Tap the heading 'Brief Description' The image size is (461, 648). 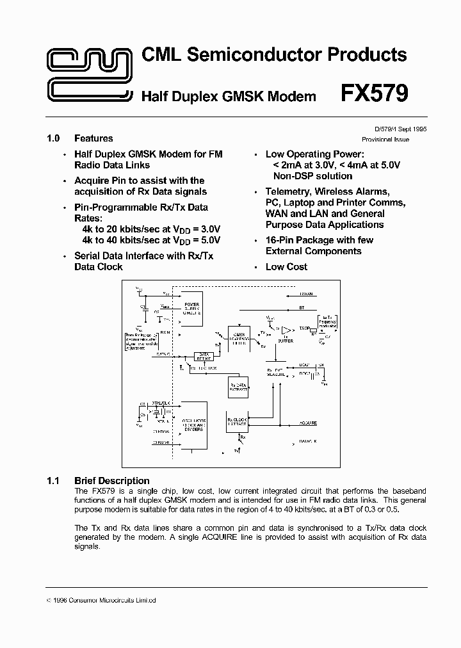point(111,481)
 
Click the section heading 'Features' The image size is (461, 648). point(93,138)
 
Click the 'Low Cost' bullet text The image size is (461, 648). point(286,267)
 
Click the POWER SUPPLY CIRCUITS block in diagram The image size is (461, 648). point(191,309)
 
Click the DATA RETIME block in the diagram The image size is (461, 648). point(204,356)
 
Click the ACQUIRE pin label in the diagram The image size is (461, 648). point(308,423)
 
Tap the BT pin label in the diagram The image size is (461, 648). point(302,308)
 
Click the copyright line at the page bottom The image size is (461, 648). point(102,601)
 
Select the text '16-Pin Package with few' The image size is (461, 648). point(319,240)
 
